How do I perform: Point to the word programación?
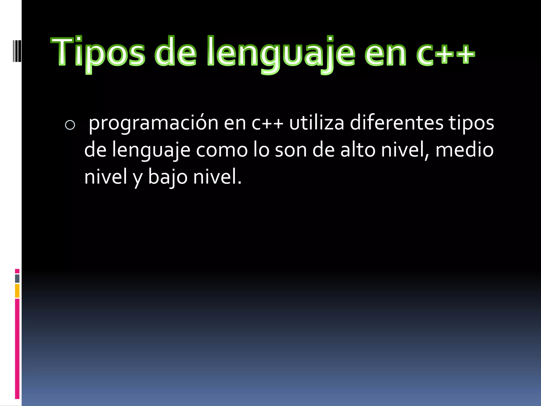tap(153, 123)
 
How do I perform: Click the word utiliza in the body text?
tap(316, 123)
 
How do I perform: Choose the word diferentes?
tap(396, 123)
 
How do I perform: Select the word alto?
tap(358, 150)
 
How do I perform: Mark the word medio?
tap(464, 150)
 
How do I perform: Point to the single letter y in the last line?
tap(138, 178)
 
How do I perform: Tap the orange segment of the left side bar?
tap(17, 291)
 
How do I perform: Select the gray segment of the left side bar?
tap(17, 279)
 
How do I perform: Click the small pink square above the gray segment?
tap(17, 271)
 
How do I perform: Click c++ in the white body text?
tap(267, 123)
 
